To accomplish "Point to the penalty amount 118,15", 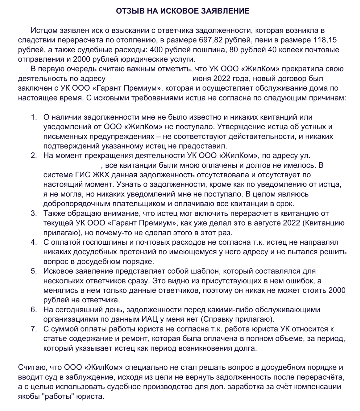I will [325, 40].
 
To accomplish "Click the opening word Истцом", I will [44, 30].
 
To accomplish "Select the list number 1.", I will [34, 117].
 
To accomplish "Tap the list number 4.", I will [34, 242].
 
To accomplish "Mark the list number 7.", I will [34, 329].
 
